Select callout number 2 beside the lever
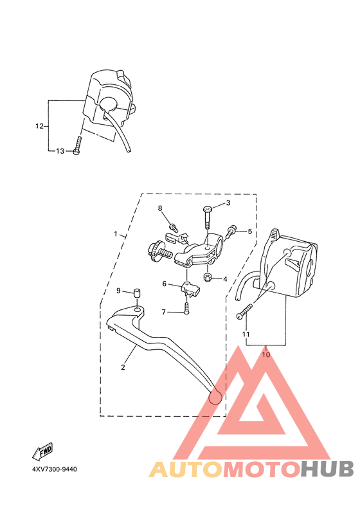pos(123,368)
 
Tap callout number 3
pos(227,203)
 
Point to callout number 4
pos(225,279)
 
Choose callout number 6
pos(164,284)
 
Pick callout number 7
pos(163,312)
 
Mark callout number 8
pos(161,208)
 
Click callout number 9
pos(118,291)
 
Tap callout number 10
pos(267,352)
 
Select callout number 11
pos(245,334)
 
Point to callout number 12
pos(39,126)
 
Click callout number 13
pos(60,151)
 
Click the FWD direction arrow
pos(44,450)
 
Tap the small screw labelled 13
pos(77,145)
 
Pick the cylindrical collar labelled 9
pos(137,295)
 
